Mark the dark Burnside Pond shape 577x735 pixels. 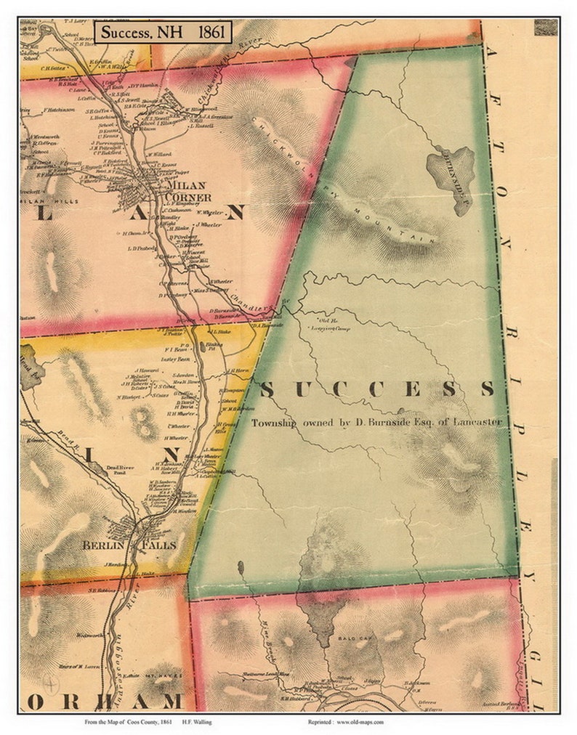click(x=451, y=169)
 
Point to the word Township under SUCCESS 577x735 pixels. click(x=273, y=422)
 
